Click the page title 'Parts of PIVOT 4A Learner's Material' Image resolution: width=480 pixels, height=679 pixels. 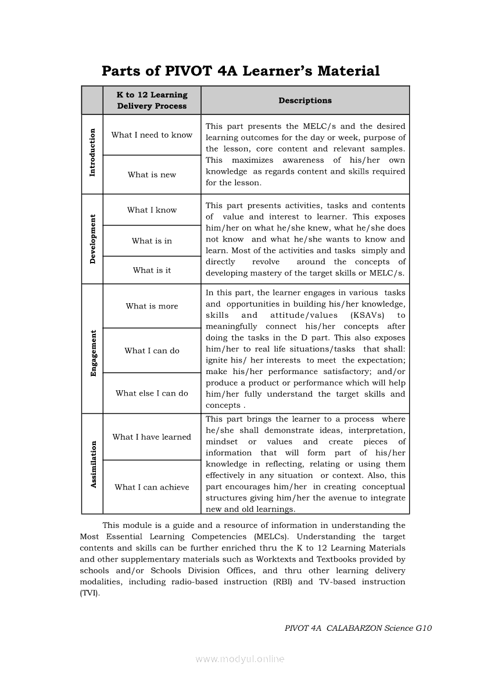(x=241, y=71)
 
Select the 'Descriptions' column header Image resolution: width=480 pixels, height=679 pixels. (x=305, y=100)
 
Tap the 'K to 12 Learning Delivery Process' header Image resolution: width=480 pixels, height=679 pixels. (x=152, y=100)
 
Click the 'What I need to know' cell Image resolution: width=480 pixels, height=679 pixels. (x=152, y=135)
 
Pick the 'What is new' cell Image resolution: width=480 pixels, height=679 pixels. (x=152, y=175)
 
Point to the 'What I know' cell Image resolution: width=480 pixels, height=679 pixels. (x=152, y=210)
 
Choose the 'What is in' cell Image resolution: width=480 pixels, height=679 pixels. (x=152, y=241)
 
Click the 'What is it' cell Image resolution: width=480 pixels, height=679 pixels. (x=152, y=270)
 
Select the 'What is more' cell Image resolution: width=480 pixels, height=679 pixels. (x=152, y=306)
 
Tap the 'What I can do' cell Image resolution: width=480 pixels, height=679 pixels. (x=152, y=351)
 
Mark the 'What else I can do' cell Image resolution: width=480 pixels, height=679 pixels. (x=152, y=393)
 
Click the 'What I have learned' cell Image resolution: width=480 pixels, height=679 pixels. (x=152, y=437)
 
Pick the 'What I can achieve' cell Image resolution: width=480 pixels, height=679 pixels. (x=152, y=487)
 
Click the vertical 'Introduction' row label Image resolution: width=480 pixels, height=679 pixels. (x=92, y=153)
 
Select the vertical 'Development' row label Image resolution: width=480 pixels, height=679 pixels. (x=92, y=239)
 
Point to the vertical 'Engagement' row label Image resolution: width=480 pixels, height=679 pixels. (x=92, y=353)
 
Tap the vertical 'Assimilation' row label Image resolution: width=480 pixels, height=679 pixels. (x=92, y=465)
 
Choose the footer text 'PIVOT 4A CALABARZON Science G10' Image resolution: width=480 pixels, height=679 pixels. (x=358, y=628)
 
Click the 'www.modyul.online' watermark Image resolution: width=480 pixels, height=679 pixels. (x=240, y=659)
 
